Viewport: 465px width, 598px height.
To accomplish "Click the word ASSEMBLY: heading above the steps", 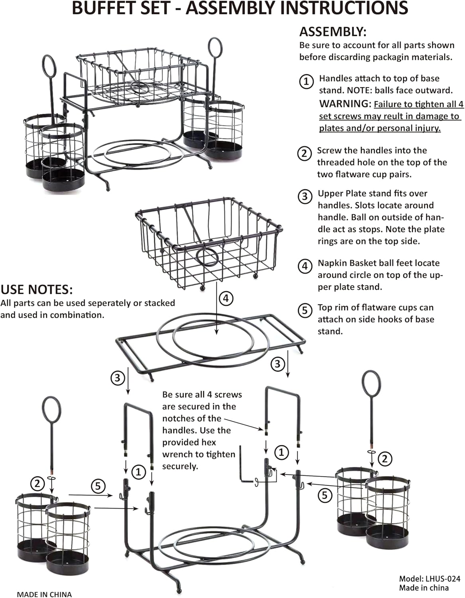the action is (x=333, y=32).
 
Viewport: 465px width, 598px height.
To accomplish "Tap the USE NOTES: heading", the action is (x=37, y=289).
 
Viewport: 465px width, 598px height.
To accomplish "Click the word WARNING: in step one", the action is (x=345, y=104).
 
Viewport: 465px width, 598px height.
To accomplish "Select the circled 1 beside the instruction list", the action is (x=306, y=81).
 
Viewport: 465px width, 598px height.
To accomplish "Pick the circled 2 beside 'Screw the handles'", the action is (x=304, y=153).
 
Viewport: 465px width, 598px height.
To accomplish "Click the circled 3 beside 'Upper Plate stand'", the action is (x=305, y=197).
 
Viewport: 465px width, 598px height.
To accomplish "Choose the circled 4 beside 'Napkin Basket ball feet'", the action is (x=305, y=266).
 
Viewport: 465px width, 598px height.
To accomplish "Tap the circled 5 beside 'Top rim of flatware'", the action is (x=305, y=311).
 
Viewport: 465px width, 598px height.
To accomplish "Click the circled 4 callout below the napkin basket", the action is (x=226, y=298).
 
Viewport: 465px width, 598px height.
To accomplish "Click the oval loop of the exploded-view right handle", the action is (x=371, y=384).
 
